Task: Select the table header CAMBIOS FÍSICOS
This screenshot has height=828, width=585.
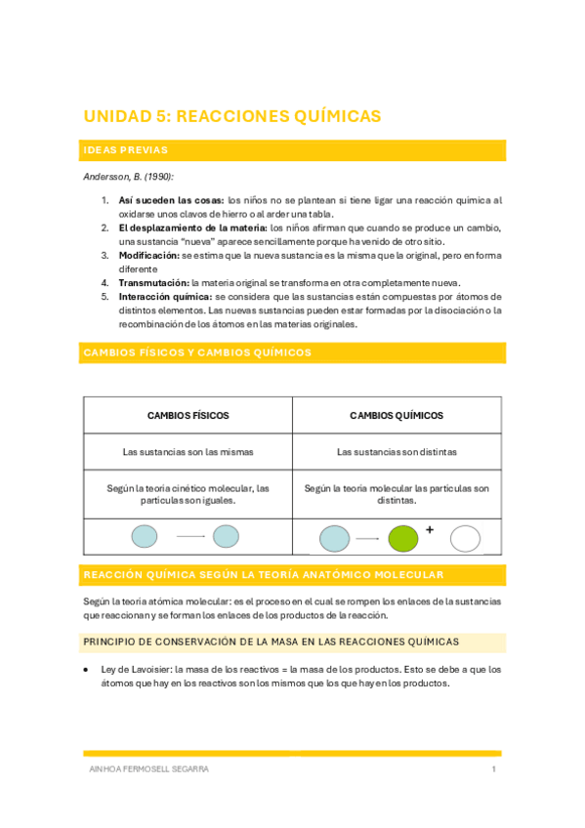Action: click(188, 415)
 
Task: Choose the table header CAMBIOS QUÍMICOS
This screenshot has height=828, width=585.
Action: click(397, 415)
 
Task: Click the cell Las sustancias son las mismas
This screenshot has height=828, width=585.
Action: click(188, 452)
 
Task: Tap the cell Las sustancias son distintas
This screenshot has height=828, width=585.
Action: click(397, 452)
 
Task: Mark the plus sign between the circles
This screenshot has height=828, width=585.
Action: click(429, 530)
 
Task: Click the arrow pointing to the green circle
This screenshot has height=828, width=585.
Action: click(367, 538)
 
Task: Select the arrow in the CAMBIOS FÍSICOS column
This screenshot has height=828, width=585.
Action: click(190, 536)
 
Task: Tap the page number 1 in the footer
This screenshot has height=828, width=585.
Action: click(494, 769)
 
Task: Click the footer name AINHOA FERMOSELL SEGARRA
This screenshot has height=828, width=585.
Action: click(148, 769)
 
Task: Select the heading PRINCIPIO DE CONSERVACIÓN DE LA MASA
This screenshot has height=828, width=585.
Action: click(271, 642)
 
